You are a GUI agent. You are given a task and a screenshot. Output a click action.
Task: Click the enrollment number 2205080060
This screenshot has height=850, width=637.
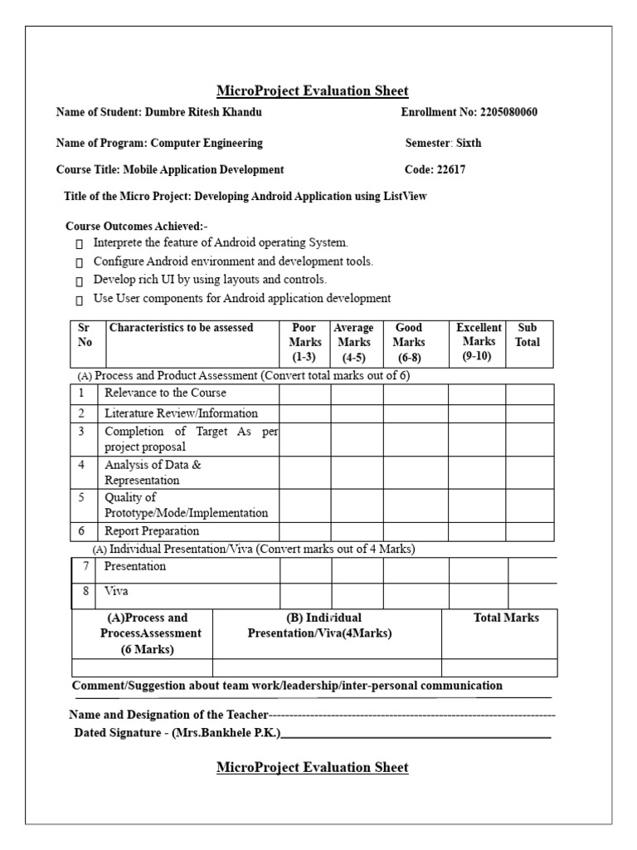point(508,112)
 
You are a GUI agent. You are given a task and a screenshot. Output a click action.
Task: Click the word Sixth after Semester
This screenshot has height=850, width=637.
point(469,143)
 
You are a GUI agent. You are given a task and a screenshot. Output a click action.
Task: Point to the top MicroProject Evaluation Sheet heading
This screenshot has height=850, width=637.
point(312,91)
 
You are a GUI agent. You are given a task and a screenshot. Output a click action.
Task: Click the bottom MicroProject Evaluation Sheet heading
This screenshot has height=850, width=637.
point(312,768)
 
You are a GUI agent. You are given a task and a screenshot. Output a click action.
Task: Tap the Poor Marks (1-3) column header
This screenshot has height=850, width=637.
point(304,342)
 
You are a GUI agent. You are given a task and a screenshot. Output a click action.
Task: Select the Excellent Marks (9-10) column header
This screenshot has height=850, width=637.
point(478,341)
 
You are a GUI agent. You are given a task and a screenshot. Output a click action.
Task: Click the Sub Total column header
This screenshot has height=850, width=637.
point(528,335)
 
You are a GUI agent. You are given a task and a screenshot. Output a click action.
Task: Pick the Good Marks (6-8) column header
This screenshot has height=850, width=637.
point(409,342)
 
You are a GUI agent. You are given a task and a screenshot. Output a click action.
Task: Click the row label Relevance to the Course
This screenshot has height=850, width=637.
point(165,393)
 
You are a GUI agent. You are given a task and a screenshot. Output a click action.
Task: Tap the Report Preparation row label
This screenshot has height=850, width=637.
point(152,531)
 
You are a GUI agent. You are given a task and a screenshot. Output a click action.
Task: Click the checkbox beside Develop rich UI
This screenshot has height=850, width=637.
point(79,281)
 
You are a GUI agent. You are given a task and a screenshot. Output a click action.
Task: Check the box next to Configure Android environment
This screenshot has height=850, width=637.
point(79,262)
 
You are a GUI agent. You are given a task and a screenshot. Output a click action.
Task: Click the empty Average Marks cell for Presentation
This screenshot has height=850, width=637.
point(357,570)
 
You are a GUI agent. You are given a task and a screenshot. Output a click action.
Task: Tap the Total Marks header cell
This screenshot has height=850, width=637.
point(506,618)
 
